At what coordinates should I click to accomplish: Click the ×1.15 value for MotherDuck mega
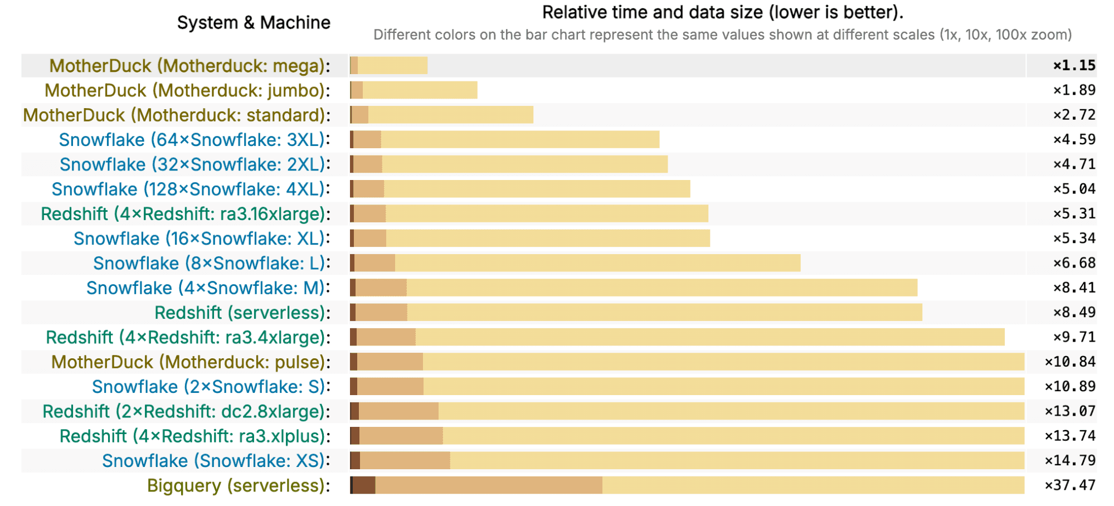1074,66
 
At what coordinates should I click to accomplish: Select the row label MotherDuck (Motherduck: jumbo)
187,90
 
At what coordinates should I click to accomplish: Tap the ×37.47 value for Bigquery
1070,485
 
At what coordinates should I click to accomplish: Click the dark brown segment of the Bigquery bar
364,485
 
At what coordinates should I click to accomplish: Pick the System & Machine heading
254,23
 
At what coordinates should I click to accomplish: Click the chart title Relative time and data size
722,12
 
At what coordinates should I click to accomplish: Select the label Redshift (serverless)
242,313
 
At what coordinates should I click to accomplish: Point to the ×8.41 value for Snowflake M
1074,288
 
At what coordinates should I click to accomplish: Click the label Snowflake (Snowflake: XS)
216,461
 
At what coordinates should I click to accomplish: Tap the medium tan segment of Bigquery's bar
488,485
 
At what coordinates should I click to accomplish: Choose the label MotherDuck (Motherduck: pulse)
190,362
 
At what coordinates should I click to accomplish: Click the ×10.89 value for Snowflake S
1070,387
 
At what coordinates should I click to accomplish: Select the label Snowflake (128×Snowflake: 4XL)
190,189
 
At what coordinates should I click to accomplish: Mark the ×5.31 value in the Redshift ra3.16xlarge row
1074,214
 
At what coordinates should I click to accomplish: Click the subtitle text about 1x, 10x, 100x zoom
722,35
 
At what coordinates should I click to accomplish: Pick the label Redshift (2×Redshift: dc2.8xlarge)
186,412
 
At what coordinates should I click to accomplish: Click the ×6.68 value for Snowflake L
1074,263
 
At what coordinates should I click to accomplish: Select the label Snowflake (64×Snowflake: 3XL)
194,140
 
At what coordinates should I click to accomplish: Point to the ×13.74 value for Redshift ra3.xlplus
1070,436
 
